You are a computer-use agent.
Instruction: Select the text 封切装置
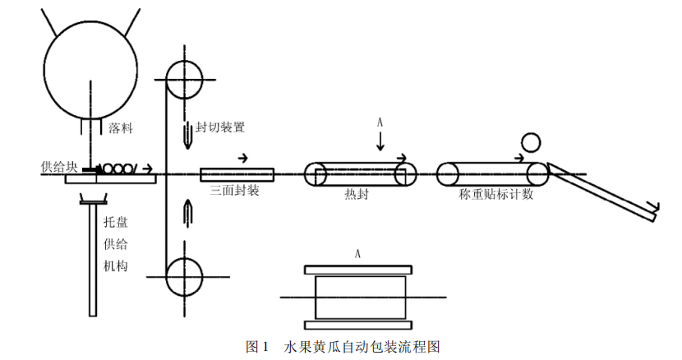pyautogui.click(x=219, y=128)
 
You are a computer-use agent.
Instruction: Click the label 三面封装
pyautogui.click(x=235, y=191)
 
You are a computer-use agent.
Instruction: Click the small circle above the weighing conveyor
pyautogui.click(x=528, y=144)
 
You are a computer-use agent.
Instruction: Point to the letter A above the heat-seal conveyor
pyautogui.click(x=380, y=122)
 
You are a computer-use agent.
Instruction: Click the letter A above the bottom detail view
pyautogui.click(x=357, y=254)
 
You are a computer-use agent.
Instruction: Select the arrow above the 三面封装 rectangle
pyautogui.click(x=242, y=157)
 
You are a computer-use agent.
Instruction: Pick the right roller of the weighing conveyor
pyautogui.click(x=537, y=174)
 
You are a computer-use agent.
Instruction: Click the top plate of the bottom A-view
pyautogui.click(x=357, y=270)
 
